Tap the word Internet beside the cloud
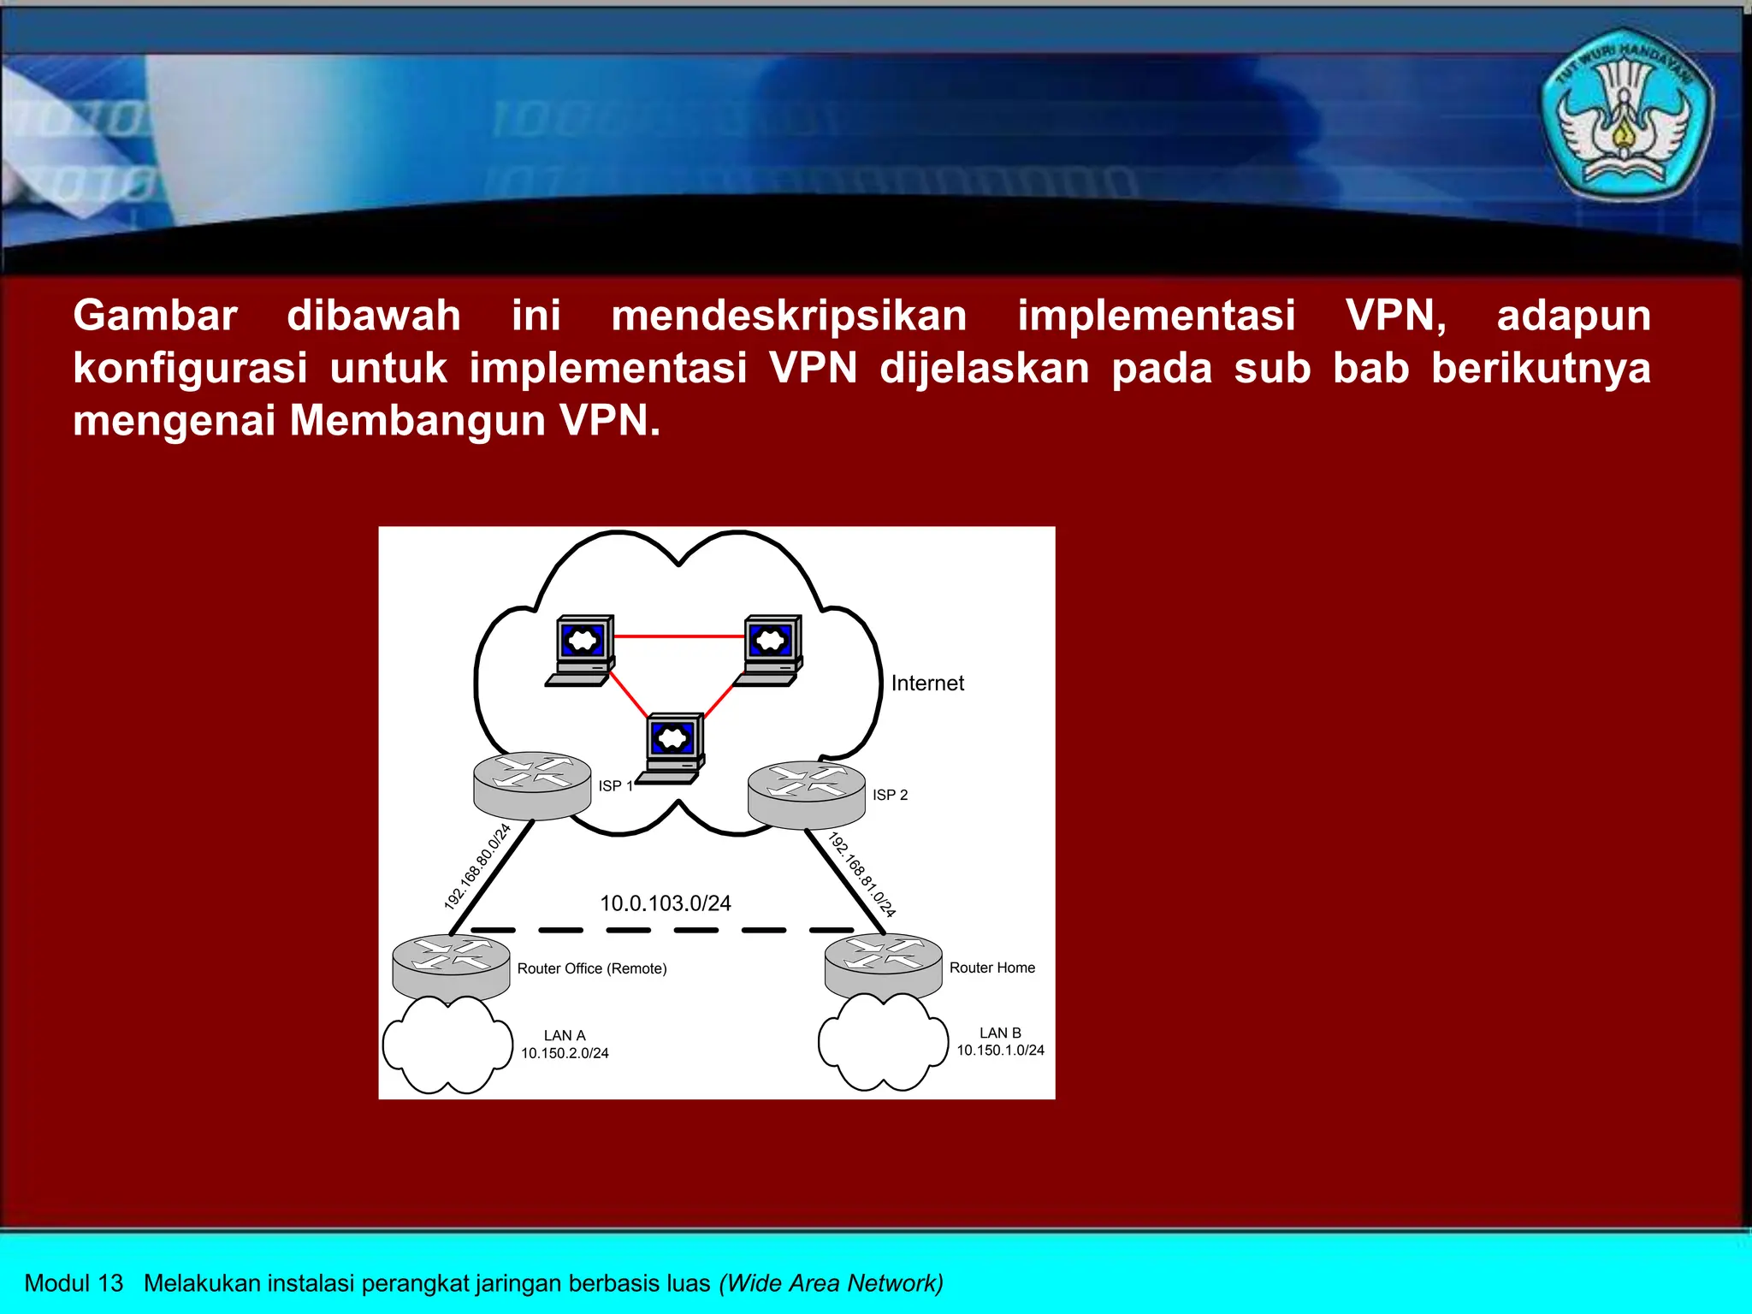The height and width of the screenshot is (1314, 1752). tap(927, 683)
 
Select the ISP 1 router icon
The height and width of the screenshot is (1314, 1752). tap(532, 785)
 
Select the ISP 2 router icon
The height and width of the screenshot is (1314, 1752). tap(806, 795)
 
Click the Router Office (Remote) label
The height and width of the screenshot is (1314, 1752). tap(592, 968)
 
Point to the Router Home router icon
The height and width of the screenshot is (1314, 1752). tap(883, 967)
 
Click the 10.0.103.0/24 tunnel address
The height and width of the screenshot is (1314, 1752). tap(665, 903)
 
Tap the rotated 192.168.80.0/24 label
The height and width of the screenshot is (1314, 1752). tap(477, 866)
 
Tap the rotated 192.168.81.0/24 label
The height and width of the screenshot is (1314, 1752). tap(861, 874)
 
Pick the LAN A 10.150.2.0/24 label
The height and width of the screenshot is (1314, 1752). tap(565, 1045)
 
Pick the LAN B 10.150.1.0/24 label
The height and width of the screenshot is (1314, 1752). tap(1000, 1042)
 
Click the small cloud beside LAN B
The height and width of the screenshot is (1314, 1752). tap(883, 1043)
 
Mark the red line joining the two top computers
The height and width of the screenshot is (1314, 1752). tap(678, 636)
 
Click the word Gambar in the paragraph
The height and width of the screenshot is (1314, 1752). tap(155, 316)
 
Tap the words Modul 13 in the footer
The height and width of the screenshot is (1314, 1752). tap(74, 1283)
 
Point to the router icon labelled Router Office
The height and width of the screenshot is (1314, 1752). tap(451, 967)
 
